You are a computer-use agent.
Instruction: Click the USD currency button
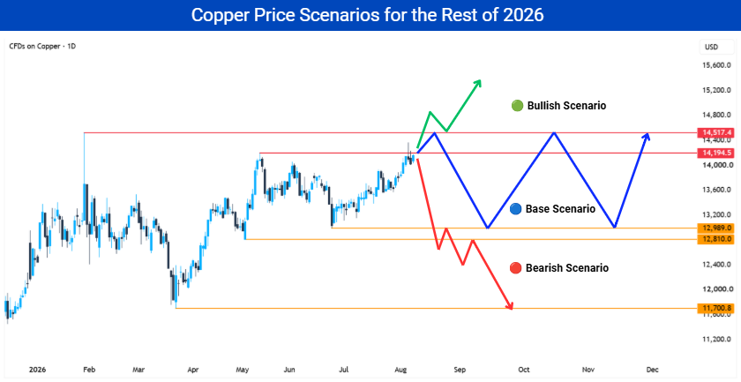point(711,47)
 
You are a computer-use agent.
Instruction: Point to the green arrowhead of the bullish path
point(478,83)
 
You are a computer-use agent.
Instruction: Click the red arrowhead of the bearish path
point(510,306)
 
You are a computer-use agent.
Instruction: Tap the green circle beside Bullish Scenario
point(518,106)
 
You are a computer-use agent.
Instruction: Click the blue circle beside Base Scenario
point(517,208)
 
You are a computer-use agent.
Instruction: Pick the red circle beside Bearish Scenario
point(515,268)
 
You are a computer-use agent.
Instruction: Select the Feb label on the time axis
point(88,370)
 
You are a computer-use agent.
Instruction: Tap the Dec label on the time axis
point(652,370)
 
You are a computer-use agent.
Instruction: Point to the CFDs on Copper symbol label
point(42,47)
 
